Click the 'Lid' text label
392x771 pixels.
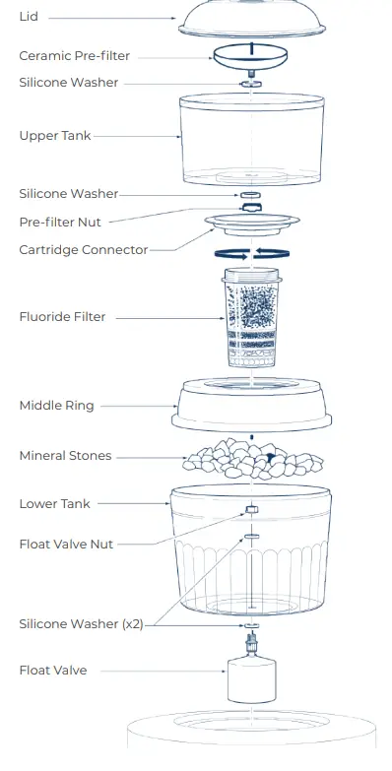(29, 18)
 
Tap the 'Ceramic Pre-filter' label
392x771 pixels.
(74, 56)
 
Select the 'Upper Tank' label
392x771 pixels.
(54, 136)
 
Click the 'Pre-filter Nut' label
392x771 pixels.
(60, 222)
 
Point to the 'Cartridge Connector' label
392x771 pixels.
(83, 250)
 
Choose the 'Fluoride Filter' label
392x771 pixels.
(62, 317)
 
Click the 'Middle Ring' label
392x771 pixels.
(56, 406)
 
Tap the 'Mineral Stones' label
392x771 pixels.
(65, 456)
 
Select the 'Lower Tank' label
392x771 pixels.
(54, 504)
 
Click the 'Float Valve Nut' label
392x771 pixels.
(66, 544)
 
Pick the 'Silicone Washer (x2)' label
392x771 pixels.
(81, 624)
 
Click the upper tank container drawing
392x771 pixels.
(252, 143)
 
